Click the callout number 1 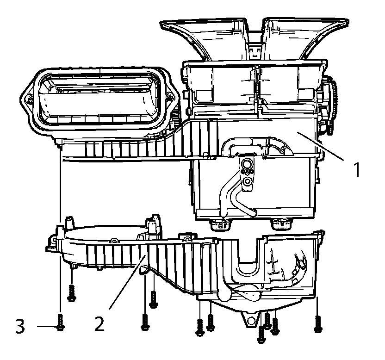(x=356, y=170)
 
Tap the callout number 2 (x=99, y=323)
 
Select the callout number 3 (x=20, y=327)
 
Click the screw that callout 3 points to (x=61, y=323)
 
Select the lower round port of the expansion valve (x=248, y=183)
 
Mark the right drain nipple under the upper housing (x=281, y=224)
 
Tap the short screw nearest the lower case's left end (x=71, y=292)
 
